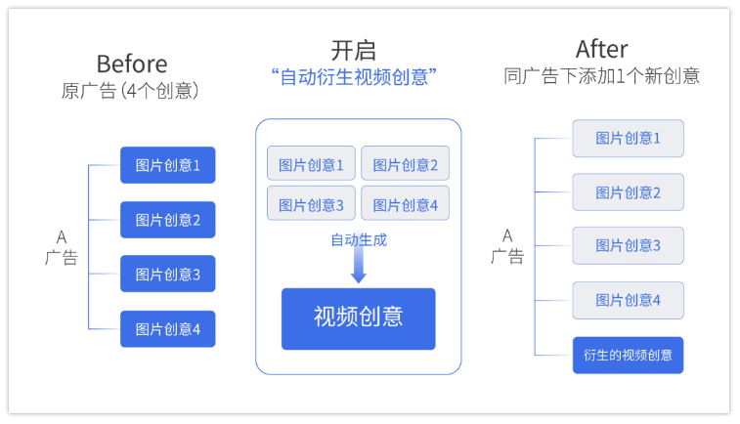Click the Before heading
(131, 64)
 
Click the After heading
(601, 49)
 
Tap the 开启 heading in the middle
(353, 50)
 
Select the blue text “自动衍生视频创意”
(353, 77)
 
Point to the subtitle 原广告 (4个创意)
(131, 91)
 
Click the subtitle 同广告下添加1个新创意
(601, 76)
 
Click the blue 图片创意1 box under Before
(167, 165)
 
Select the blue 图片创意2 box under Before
(167, 220)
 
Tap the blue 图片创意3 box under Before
(167, 275)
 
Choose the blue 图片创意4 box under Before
(167, 329)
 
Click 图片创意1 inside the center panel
(311, 164)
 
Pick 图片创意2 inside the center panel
(405, 164)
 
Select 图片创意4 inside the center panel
(405, 204)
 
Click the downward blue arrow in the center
(358, 266)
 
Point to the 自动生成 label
(358, 239)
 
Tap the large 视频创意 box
(358, 318)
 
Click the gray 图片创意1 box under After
(628, 139)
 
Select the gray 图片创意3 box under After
(628, 246)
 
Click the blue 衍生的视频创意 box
(628, 355)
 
